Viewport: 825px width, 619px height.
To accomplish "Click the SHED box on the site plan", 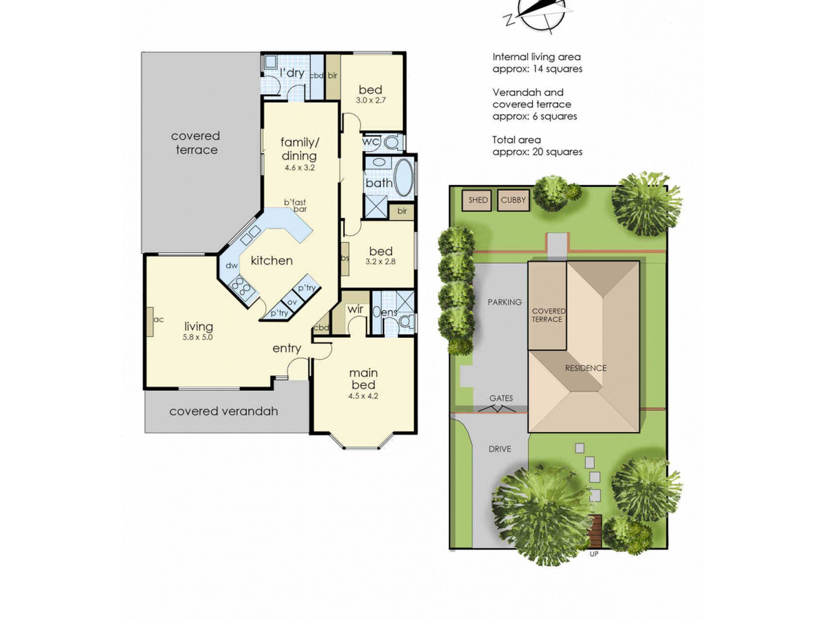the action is click(x=477, y=200).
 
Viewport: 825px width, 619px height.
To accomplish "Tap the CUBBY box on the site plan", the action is click(x=513, y=200).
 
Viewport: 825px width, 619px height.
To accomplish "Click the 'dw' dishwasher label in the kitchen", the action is click(x=232, y=265).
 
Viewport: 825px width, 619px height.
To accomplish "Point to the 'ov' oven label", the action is click(x=292, y=302).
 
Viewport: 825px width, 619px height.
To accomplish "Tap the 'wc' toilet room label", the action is click(x=371, y=142).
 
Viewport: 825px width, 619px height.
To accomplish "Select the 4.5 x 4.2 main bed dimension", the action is click(x=363, y=396).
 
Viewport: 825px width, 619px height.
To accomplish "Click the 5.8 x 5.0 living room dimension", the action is click(x=198, y=337).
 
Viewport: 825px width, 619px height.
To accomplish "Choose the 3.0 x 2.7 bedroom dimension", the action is click(x=371, y=100).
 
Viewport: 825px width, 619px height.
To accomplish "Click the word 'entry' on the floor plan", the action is click(x=287, y=349).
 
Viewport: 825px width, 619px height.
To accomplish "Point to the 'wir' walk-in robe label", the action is click(x=355, y=309).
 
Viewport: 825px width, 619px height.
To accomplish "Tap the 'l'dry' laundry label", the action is click(x=292, y=73).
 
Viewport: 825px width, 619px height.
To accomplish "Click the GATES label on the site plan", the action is click(x=501, y=398).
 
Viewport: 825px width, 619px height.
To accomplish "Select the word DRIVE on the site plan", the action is click(x=500, y=449).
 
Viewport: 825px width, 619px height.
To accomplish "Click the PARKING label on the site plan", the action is click(x=504, y=302).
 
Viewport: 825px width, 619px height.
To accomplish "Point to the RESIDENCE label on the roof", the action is click(x=586, y=368).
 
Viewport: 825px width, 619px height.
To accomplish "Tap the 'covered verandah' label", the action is click(x=224, y=411).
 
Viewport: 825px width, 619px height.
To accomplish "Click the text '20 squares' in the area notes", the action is click(x=557, y=152).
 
